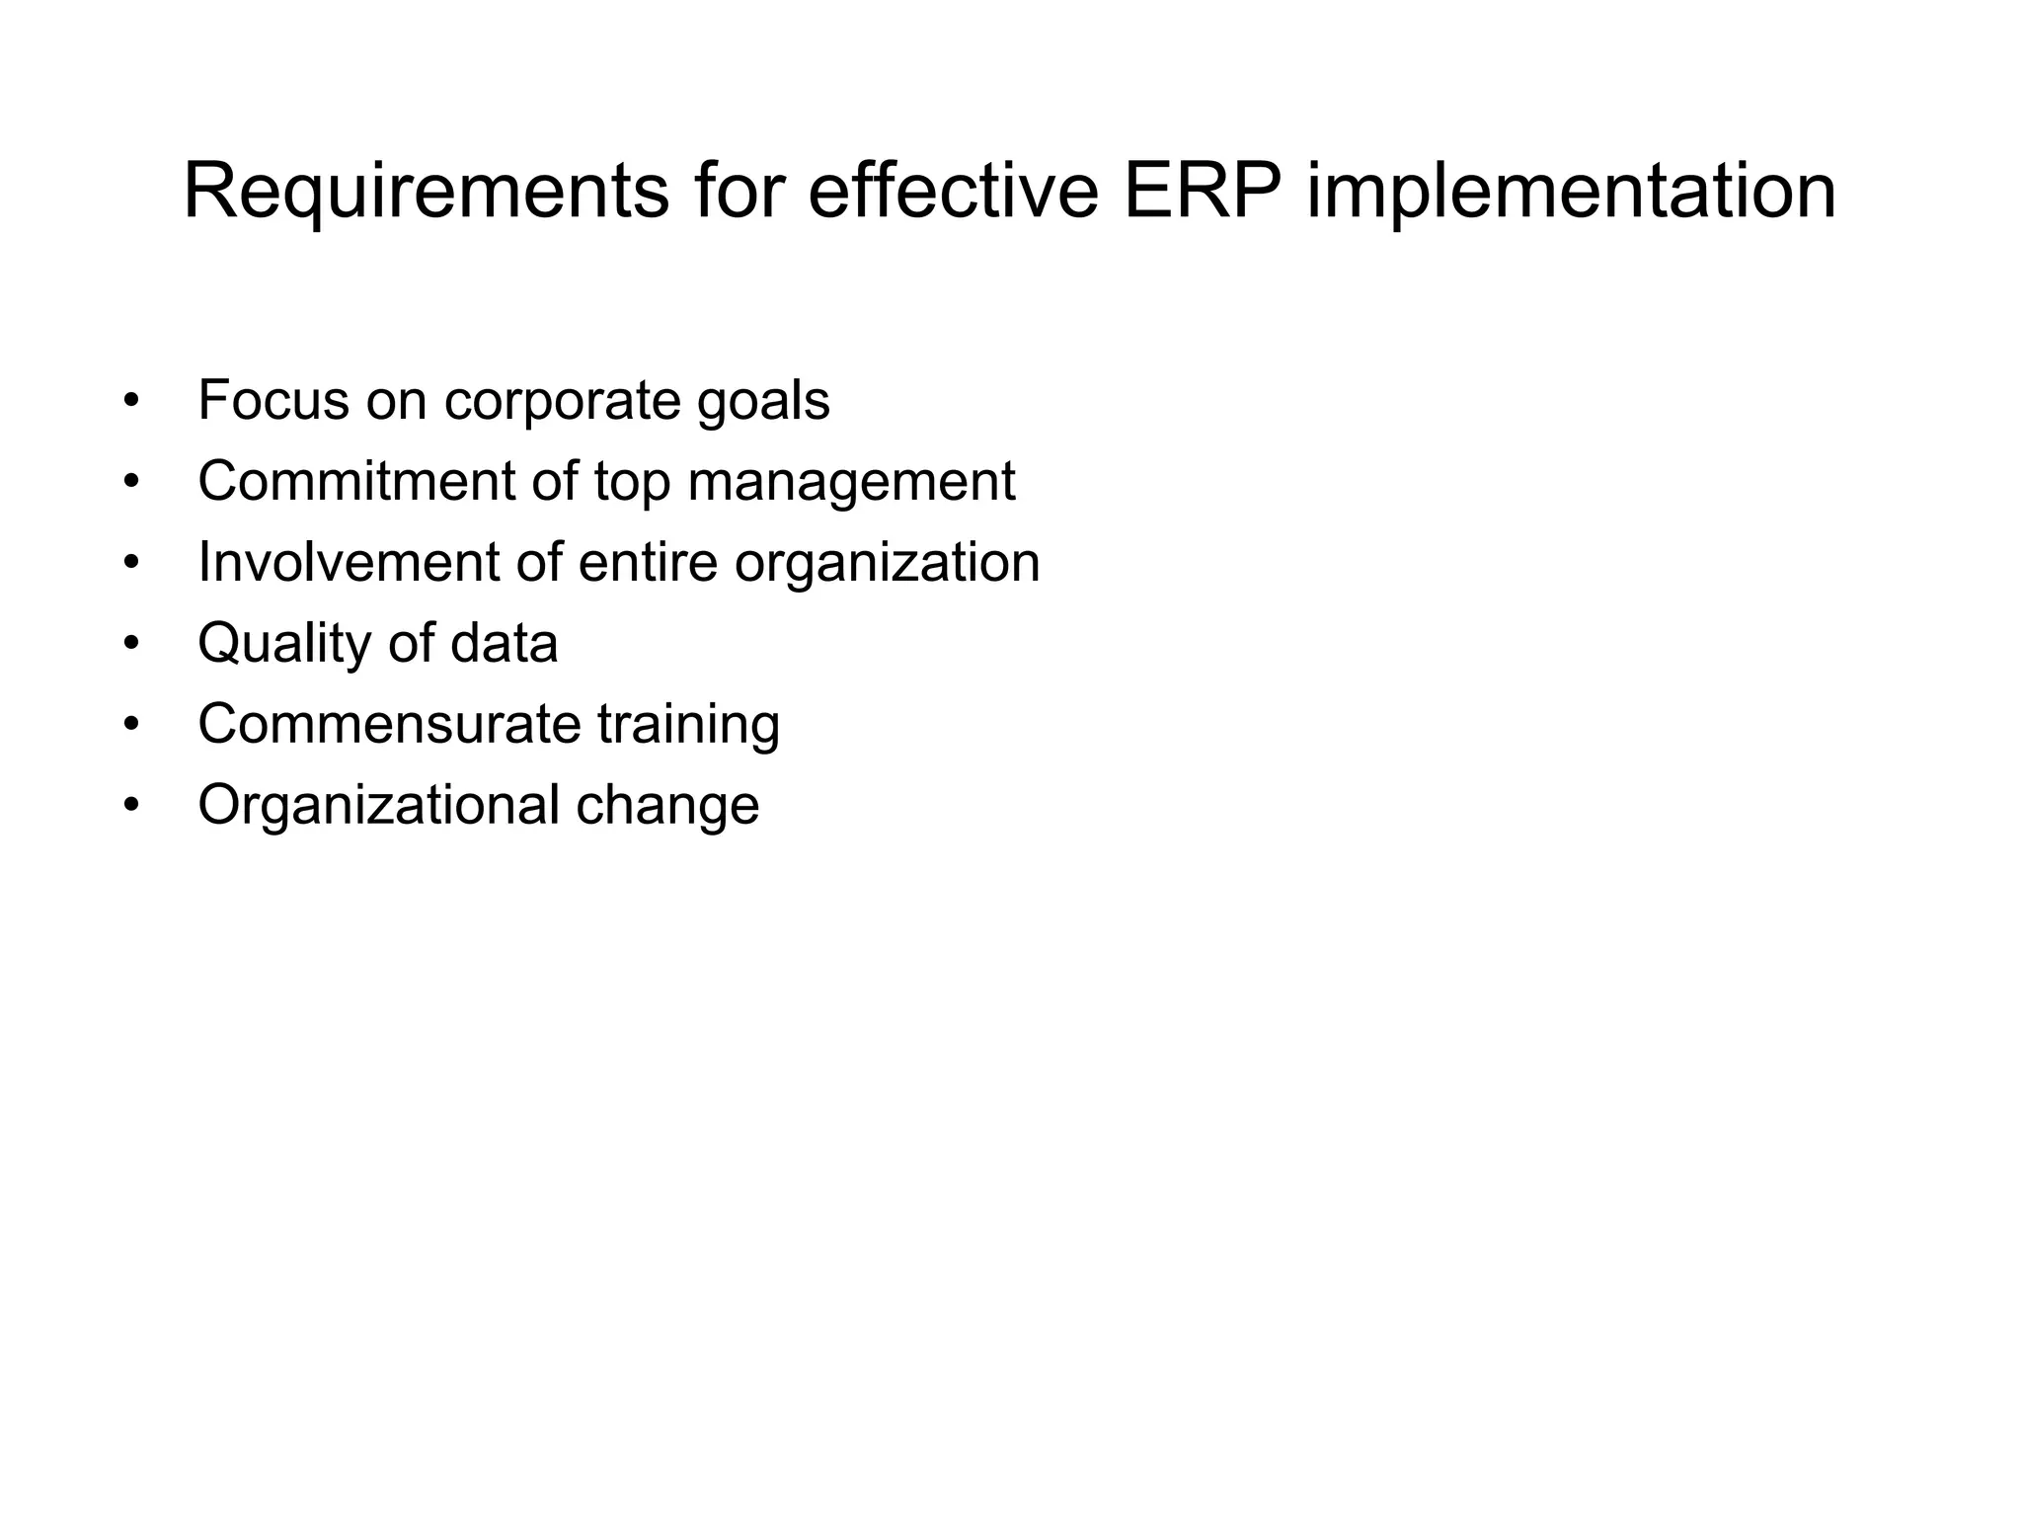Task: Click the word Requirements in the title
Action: [x=426, y=193]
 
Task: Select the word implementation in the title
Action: [x=1571, y=193]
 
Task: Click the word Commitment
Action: [x=356, y=482]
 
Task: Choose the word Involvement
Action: [x=349, y=563]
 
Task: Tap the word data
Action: [x=504, y=644]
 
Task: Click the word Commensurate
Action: [x=389, y=725]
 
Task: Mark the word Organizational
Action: [x=378, y=806]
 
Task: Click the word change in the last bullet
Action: [x=667, y=806]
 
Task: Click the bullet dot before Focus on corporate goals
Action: [x=132, y=402]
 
